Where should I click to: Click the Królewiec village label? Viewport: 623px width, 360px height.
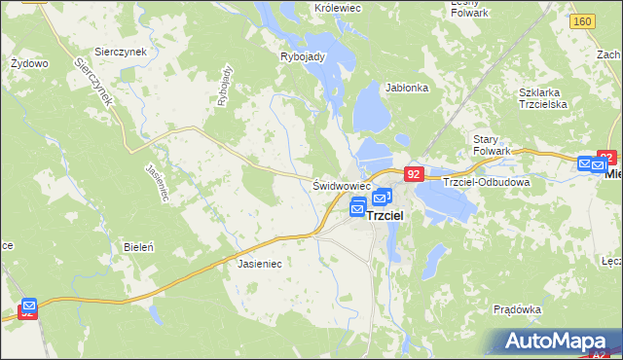[x=339, y=8]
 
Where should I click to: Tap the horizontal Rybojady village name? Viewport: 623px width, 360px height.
[x=302, y=55]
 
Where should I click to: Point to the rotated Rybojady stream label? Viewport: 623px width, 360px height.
[x=226, y=85]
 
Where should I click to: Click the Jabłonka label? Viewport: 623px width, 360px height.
[x=407, y=88]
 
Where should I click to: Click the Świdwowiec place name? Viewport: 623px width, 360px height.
[x=341, y=185]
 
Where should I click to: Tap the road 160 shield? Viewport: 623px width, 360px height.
[x=583, y=21]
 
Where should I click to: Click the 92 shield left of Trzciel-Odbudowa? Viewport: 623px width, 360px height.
[x=414, y=174]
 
